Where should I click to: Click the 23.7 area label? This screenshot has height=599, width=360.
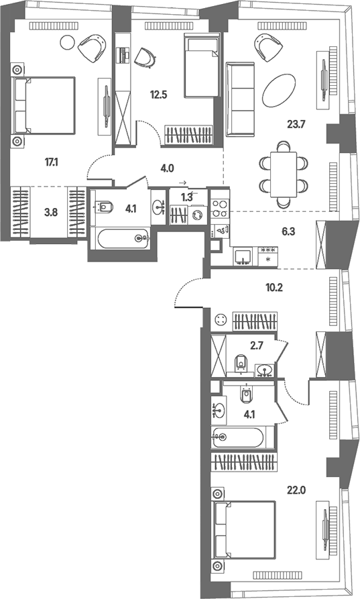coord(296,124)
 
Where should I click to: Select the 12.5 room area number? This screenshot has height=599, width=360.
coord(158,95)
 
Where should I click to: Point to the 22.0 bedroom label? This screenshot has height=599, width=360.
coord(296,490)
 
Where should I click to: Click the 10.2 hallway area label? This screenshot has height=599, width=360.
coord(274,288)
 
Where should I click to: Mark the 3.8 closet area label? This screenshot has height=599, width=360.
coord(51,213)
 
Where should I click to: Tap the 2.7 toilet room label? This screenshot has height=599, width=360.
coord(257,347)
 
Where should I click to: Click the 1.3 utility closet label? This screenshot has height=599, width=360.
coord(186,197)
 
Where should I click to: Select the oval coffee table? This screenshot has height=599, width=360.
coord(279,91)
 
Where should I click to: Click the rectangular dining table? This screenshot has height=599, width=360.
coord(284,174)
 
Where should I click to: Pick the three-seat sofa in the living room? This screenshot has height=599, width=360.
coord(240,99)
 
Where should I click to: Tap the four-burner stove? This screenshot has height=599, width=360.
coord(221,209)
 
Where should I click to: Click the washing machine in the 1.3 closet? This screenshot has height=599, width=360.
coord(197,215)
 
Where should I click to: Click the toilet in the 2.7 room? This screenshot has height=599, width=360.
coord(241,362)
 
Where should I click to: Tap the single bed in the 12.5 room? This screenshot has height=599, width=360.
coord(202,65)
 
